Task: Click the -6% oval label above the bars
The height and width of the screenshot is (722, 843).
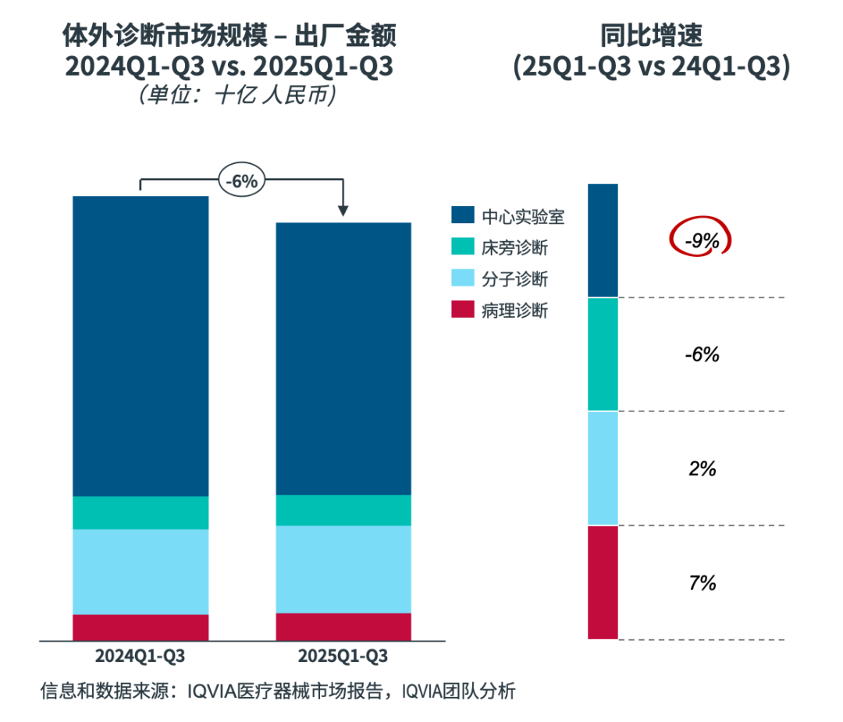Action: [241, 181]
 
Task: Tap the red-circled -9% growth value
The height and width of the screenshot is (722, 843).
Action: [701, 241]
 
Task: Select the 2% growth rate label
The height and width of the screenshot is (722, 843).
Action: [701, 469]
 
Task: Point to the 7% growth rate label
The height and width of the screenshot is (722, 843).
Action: [701, 583]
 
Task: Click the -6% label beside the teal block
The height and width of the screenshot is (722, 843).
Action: [701, 354]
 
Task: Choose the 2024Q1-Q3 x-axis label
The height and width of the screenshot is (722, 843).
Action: [140, 656]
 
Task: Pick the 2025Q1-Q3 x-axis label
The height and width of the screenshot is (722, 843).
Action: [343, 656]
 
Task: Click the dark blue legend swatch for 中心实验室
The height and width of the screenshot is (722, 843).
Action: [463, 216]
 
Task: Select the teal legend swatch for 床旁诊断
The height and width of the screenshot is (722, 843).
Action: [463, 247]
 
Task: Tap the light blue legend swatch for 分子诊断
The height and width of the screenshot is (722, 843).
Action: [463, 279]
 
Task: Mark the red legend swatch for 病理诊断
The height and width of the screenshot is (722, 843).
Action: [463, 310]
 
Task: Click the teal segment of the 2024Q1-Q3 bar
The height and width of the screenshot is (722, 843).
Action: [140, 513]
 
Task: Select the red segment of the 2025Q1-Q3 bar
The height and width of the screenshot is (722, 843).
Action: [343, 627]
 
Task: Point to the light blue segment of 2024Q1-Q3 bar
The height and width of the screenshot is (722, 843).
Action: [140, 571]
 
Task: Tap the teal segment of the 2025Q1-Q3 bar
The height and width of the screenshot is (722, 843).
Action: [343, 510]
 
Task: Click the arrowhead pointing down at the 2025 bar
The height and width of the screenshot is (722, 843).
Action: [343, 211]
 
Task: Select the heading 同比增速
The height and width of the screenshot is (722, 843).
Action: [651, 36]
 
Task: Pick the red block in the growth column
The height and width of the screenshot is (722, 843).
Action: [603, 582]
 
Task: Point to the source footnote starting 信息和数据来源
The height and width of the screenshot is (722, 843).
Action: [278, 691]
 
